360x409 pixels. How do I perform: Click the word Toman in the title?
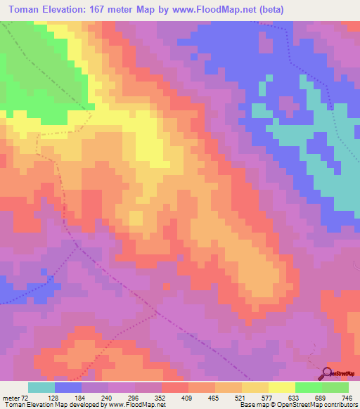pos(28,8)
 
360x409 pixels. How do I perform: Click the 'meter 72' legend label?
pos(15,397)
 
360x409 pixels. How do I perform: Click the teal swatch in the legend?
pos(41,387)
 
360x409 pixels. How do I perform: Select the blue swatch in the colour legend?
pos(68,387)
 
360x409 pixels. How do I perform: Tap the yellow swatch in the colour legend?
pos(282,387)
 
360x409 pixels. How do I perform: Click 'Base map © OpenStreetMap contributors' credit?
pos(297,405)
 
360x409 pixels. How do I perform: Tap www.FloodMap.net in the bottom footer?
pos(136,405)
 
